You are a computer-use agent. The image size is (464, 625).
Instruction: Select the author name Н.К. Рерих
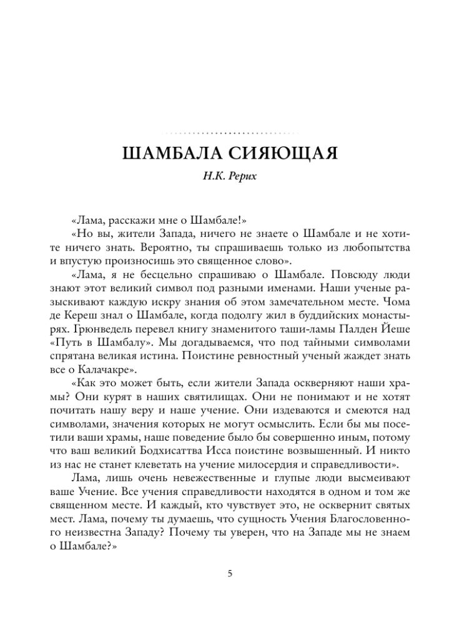[232, 177]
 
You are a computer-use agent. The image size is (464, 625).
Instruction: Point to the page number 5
[230, 573]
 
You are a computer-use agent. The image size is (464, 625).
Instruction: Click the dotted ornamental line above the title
[232, 132]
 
